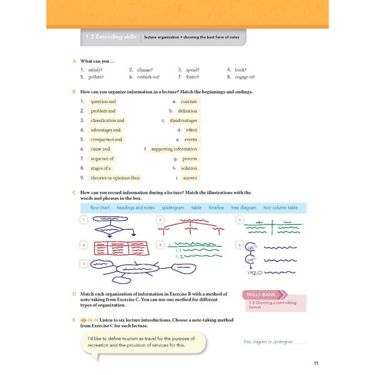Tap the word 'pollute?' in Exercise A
point(96,77)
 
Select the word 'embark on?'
point(148,77)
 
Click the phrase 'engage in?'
point(244,77)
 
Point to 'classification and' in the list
point(107,121)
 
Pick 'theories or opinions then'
point(115,178)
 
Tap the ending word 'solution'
point(189,169)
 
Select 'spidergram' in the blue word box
point(173,207)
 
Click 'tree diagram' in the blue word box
point(244,207)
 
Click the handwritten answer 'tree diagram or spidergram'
point(267,342)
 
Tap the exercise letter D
point(74,294)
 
